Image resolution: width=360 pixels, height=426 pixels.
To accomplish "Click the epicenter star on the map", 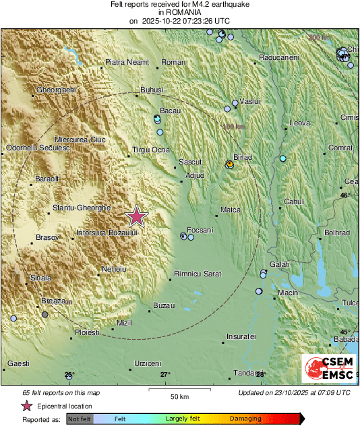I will [137, 216].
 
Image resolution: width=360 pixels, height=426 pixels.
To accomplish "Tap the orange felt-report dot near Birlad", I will [230, 164].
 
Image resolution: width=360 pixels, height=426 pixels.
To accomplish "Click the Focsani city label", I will [200, 230].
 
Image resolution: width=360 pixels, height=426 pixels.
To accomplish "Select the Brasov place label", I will [47, 237].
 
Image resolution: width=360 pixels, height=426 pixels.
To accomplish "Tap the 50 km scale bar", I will [179, 389].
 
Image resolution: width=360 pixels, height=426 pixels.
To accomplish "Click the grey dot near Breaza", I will [45, 314].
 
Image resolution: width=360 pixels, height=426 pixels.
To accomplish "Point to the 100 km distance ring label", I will [233, 126].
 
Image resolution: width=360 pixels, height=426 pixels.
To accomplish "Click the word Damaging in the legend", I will [245, 419].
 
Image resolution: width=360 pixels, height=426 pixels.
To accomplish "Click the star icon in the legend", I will [27, 406].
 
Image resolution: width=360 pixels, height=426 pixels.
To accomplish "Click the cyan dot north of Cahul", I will [283, 159].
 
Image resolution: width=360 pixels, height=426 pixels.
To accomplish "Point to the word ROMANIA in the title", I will [179, 12].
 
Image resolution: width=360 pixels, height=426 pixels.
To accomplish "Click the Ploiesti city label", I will [87, 332].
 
